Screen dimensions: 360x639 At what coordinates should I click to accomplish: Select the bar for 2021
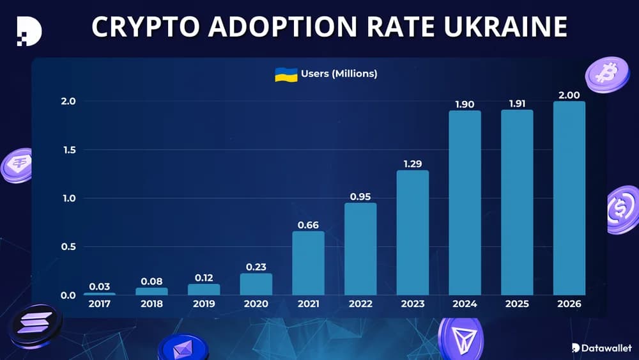(x=308, y=263)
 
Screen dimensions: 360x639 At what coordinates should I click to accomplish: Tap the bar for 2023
(x=413, y=233)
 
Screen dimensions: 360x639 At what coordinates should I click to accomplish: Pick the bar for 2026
(x=569, y=198)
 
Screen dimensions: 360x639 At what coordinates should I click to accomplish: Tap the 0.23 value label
(x=256, y=265)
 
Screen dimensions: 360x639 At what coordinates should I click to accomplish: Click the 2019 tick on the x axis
(x=204, y=304)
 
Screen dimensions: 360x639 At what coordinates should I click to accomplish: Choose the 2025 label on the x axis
(x=516, y=304)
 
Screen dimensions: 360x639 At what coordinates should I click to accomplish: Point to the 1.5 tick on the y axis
(x=68, y=150)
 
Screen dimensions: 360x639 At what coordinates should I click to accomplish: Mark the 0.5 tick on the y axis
(x=68, y=247)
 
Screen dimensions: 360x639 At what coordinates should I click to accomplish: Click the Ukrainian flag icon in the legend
(x=286, y=74)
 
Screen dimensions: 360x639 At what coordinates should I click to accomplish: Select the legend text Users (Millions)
(x=339, y=74)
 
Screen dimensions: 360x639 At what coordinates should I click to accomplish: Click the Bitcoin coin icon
(x=606, y=74)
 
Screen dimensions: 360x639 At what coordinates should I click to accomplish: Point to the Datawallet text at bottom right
(x=606, y=348)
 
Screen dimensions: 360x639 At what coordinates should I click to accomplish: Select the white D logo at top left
(x=29, y=29)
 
